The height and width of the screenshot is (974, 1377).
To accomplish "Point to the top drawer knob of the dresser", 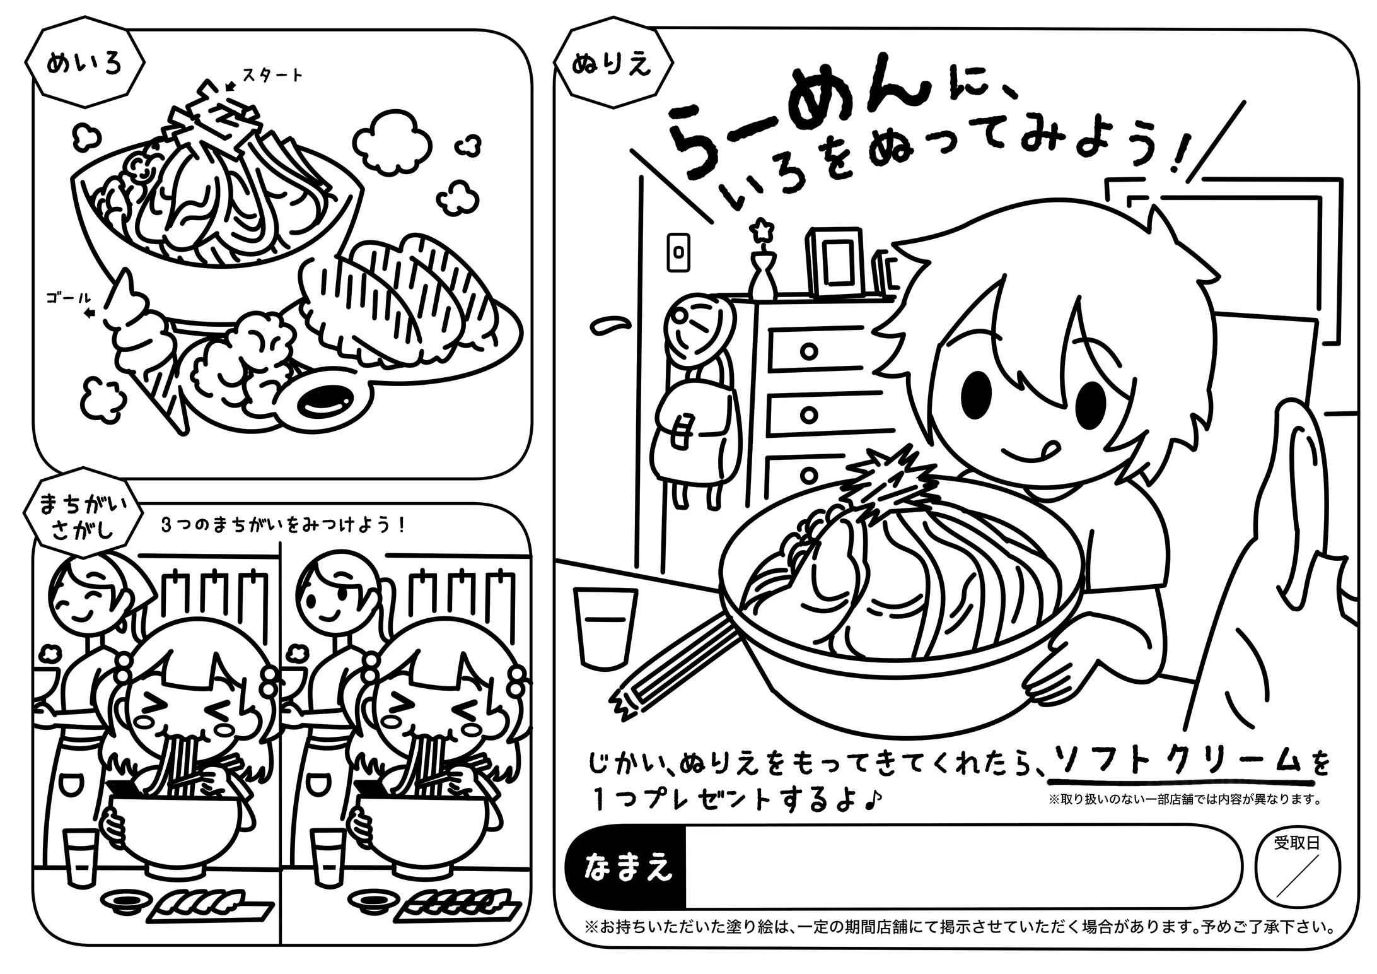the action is point(810,350).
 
